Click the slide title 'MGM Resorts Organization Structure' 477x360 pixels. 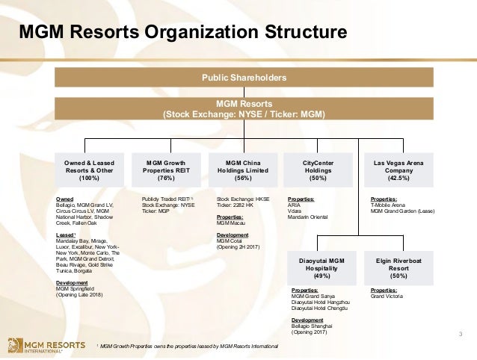coord(182,33)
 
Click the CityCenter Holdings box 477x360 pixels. coord(318,169)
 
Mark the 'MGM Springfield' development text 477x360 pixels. coord(79,289)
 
